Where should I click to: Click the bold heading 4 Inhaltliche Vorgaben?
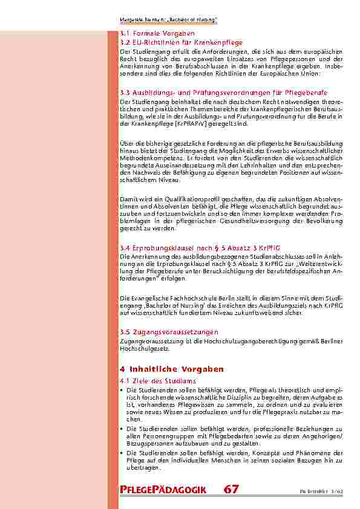(172, 369)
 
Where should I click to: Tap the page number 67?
(231, 489)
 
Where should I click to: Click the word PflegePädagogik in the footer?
(163, 490)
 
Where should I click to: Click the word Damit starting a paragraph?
(128, 199)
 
